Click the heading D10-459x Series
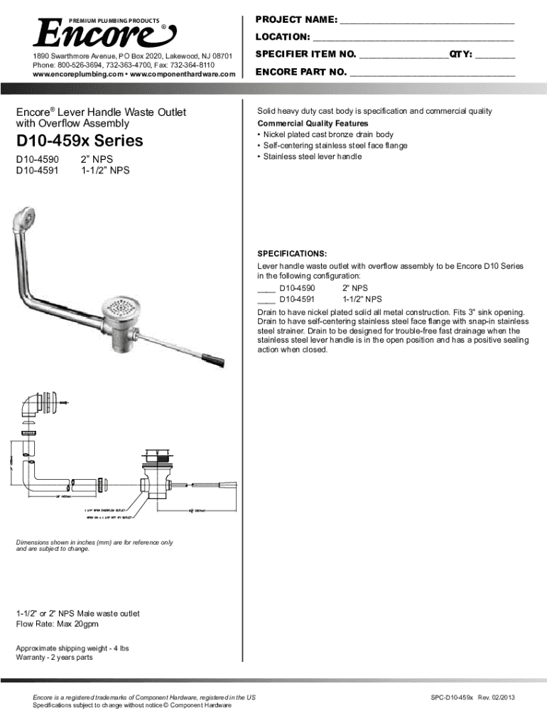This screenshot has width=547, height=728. [80, 140]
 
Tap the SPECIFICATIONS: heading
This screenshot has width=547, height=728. [291, 254]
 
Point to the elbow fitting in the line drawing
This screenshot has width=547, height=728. [31, 407]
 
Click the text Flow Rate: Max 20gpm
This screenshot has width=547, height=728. [58, 624]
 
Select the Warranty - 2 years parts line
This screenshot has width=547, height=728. [54, 658]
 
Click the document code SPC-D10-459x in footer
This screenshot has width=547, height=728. [453, 698]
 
